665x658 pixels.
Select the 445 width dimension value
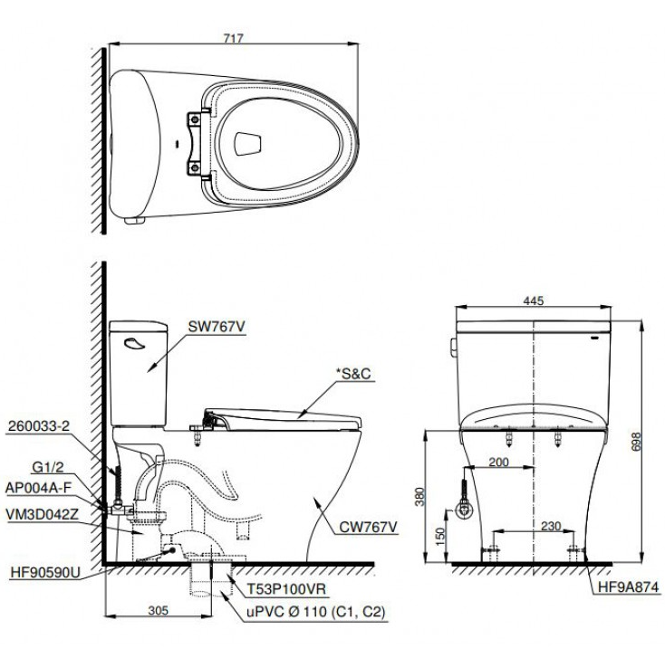(534, 301)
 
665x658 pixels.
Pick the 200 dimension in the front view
(497, 462)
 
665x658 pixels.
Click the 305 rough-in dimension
(158, 610)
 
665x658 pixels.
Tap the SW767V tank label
(215, 328)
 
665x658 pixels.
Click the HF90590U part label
(44, 573)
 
